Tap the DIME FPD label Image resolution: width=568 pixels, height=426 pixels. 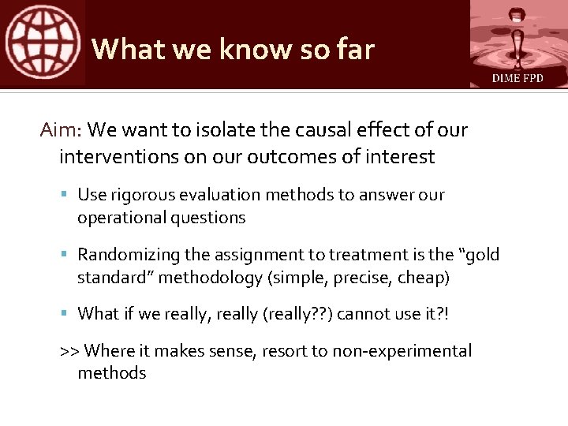click(518, 78)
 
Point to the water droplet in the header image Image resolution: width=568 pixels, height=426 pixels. click(516, 32)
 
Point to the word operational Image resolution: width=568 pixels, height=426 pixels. click(118, 218)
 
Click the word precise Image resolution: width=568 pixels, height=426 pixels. click(356, 278)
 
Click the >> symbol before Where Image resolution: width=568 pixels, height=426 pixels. click(69, 351)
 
